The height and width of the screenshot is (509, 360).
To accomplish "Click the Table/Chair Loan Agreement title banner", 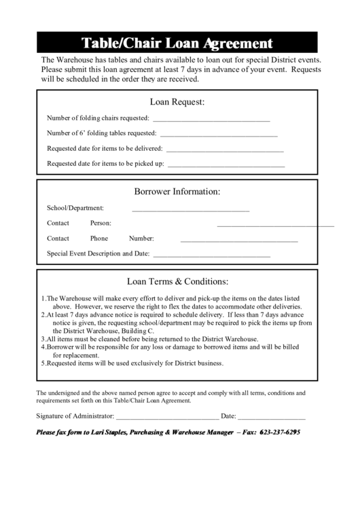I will point(177,43).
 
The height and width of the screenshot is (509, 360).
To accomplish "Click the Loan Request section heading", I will point(177,102).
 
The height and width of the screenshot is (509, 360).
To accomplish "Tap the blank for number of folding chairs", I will point(215,120).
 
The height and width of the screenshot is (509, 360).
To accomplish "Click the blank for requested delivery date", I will point(225,150).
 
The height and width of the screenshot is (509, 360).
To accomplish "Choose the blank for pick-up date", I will point(226,165).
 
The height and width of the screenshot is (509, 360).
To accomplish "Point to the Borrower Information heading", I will point(177,192).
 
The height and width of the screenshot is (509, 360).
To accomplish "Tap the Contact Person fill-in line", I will point(275,224).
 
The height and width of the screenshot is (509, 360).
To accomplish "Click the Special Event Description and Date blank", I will point(212,256).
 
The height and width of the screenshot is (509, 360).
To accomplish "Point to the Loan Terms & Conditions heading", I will point(177,281).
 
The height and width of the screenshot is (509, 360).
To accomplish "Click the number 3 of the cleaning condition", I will point(43,338).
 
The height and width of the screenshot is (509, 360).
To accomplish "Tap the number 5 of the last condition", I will point(43,363).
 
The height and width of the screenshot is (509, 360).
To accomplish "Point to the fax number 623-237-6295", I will point(281,433).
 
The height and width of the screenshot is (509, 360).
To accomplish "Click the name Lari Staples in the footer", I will point(105,433).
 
